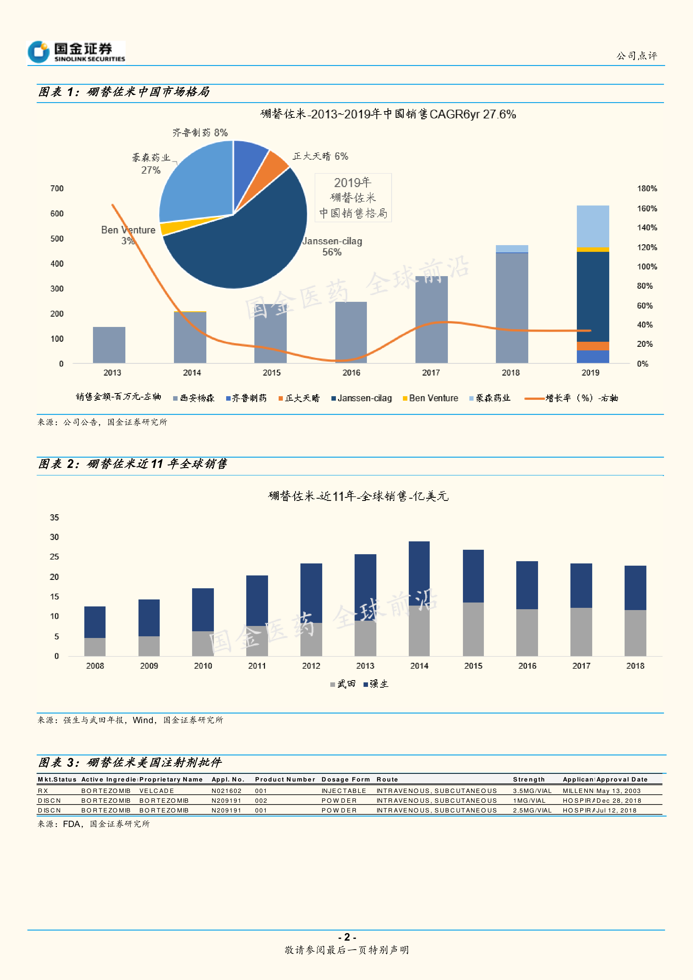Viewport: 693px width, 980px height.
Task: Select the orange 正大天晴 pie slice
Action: pyautogui.click(x=275, y=166)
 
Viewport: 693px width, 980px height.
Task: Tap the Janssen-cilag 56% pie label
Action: pyautogui.click(x=332, y=246)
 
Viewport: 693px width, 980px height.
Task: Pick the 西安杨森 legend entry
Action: pyautogui.click(x=194, y=398)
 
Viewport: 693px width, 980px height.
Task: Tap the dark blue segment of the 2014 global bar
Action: pyautogui.click(x=419, y=573)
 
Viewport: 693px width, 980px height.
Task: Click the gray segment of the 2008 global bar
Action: pyautogui.click(x=95, y=647)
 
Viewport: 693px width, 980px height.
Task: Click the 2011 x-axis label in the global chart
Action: pyautogui.click(x=257, y=666)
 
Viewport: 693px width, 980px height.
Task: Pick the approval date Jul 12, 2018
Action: pyautogui.click(x=616, y=811)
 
